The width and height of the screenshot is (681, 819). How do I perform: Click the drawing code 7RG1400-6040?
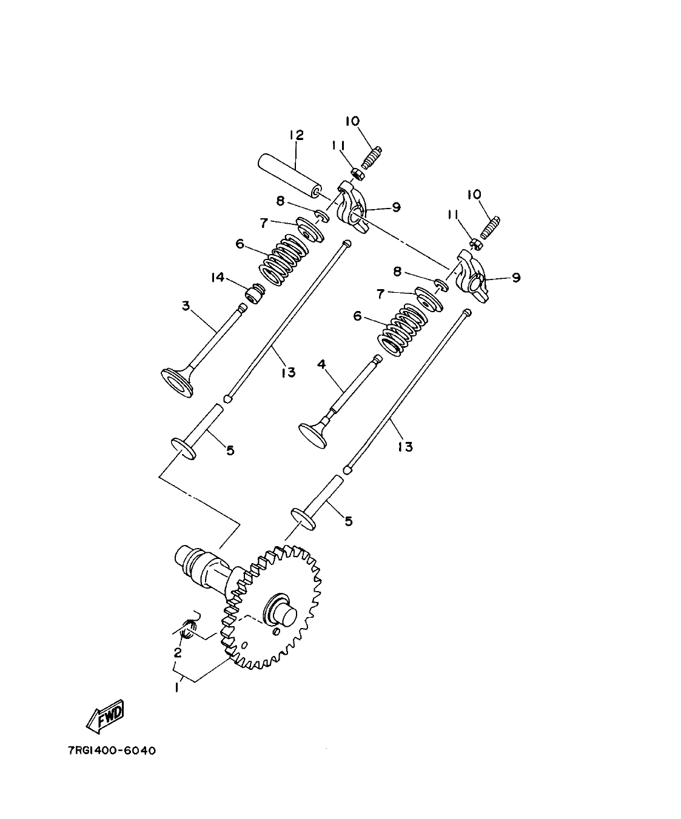coord(112,751)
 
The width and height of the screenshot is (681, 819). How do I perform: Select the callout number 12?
coord(296,135)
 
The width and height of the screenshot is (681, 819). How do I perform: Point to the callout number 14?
coord(218,277)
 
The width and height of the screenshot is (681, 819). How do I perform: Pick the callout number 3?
coord(186,307)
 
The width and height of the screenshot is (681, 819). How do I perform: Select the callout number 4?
coord(321,364)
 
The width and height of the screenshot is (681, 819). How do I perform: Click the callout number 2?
coord(178,653)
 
